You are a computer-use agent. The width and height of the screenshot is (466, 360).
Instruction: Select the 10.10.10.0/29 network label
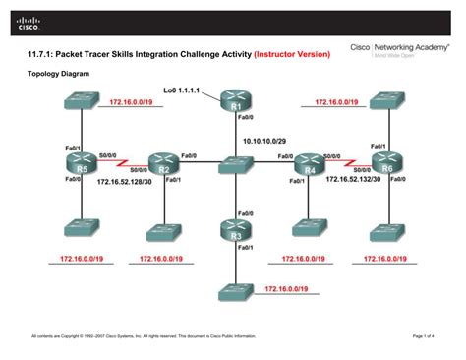click(x=264, y=140)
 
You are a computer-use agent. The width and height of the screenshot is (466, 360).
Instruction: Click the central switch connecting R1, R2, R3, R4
click(x=236, y=167)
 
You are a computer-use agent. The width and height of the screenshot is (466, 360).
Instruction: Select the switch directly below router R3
click(x=236, y=293)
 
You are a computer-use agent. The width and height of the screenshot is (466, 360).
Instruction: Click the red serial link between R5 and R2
click(x=122, y=163)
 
